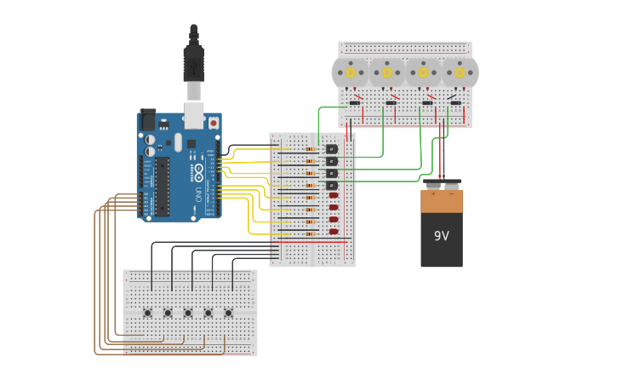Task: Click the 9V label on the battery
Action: click(442, 236)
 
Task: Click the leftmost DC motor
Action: click(350, 72)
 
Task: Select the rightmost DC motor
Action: click(460, 72)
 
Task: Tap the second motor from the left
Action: click(387, 72)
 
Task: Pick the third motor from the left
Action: click(423, 72)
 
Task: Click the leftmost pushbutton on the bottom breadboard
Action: click(148, 313)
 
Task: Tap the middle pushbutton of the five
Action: click(188, 313)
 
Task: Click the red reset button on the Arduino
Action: click(213, 123)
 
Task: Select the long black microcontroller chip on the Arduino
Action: click(162, 186)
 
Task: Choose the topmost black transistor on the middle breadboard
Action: click(332, 150)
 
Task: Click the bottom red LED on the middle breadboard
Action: click(334, 231)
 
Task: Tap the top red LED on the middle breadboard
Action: click(334, 195)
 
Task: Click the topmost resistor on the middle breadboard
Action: click(310, 149)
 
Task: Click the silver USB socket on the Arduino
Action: click(193, 114)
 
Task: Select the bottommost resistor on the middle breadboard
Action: click(310, 233)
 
